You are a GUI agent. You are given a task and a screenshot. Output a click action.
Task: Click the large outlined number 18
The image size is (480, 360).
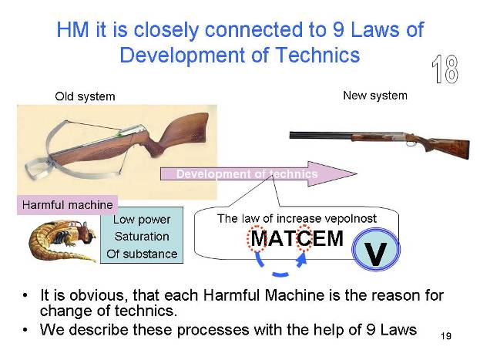point(445,69)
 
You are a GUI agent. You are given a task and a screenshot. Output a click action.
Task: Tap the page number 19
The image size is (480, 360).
point(446,336)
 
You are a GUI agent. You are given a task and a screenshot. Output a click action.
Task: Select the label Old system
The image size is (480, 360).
point(85,96)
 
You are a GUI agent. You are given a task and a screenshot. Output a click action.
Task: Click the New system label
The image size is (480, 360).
point(375,96)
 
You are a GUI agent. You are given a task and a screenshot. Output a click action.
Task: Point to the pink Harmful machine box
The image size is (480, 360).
point(67,204)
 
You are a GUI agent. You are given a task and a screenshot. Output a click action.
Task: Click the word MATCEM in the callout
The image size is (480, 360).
point(297,238)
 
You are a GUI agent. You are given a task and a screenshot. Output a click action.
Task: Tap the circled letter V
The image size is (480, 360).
point(376,250)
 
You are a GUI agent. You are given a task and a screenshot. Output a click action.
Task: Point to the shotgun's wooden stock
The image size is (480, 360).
point(447,147)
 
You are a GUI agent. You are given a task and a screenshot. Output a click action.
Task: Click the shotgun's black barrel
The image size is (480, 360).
point(321,135)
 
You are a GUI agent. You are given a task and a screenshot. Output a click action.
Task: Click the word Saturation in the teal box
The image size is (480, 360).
point(142,237)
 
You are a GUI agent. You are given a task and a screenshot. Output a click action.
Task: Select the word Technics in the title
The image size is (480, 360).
point(317,56)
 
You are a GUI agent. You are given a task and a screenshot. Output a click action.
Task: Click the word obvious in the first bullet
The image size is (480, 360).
point(97,295)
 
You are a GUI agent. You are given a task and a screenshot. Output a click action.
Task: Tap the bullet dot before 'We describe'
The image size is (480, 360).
point(25,330)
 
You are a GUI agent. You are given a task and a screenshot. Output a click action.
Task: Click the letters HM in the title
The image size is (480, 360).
point(72,30)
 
